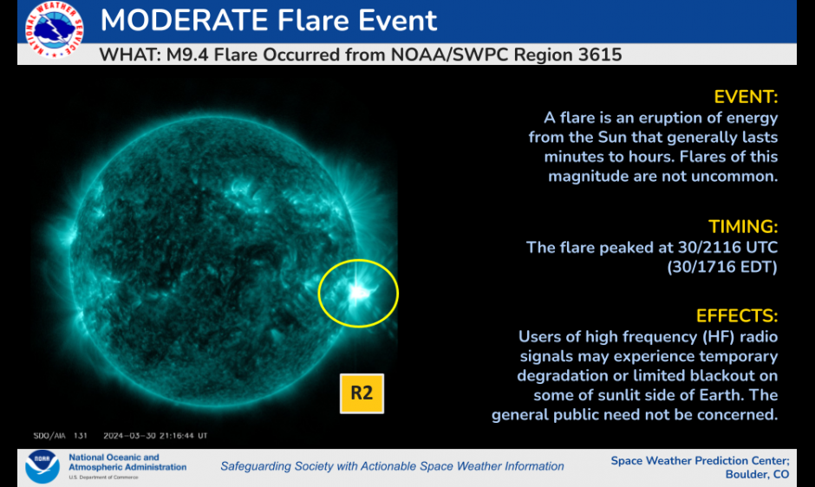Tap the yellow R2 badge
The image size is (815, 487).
tap(361, 393)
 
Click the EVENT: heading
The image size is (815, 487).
tap(746, 96)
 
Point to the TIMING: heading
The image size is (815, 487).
tap(743, 226)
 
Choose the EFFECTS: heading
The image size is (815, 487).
tap(737, 315)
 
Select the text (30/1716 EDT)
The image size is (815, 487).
tap(721, 267)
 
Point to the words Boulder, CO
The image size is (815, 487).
tap(757, 474)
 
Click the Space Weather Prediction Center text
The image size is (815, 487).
tap(700, 460)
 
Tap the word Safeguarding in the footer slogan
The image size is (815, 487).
tap(259, 466)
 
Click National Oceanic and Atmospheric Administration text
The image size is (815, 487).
tap(127, 463)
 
